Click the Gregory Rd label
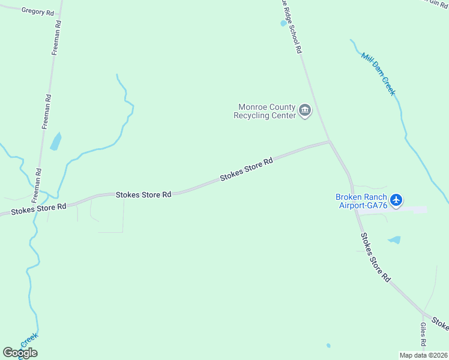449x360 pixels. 37,11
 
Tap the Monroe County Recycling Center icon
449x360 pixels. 305,110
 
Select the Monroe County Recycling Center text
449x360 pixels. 264,111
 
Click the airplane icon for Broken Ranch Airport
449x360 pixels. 396,200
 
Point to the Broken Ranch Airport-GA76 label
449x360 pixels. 361,201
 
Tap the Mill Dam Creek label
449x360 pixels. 378,74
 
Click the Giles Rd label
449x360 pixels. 423,335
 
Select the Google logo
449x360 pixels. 20,352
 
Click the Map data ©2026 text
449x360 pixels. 424,355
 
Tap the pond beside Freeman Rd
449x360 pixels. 56,141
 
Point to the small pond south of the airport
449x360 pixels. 394,240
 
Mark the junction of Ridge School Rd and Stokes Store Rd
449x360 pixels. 329,142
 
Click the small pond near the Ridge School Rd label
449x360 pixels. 283,23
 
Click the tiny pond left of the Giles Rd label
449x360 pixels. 328,346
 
